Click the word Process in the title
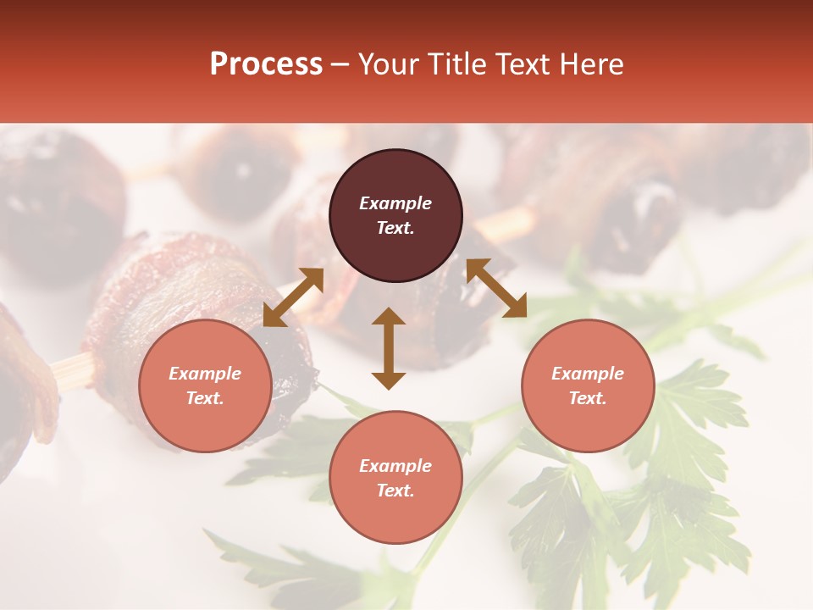tap(266, 64)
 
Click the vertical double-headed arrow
tap(389, 348)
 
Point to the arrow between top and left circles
tap(293, 297)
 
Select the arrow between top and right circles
tap(496, 288)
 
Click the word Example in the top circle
tap(395, 203)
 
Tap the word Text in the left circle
tap(205, 398)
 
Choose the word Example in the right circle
tap(588, 374)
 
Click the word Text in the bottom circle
tap(395, 491)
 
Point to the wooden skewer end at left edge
tap(71, 370)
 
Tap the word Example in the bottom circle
tap(395, 466)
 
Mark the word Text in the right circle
tap(588, 398)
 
